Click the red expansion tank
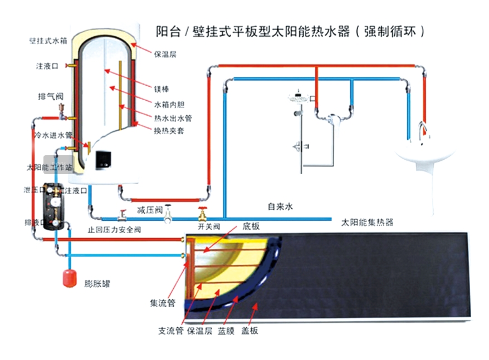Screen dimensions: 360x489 [69, 277]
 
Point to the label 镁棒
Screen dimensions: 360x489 [161, 89]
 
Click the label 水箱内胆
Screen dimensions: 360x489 [169, 103]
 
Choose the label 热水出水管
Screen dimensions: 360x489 [173, 117]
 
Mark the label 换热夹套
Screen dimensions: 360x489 [169, 131]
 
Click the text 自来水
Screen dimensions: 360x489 [280, 206]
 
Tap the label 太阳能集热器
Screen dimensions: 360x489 [367, 221]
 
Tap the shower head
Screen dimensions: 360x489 [299, 99]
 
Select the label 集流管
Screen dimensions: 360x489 [163, 303]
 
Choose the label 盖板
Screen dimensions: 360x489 [250, 331]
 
